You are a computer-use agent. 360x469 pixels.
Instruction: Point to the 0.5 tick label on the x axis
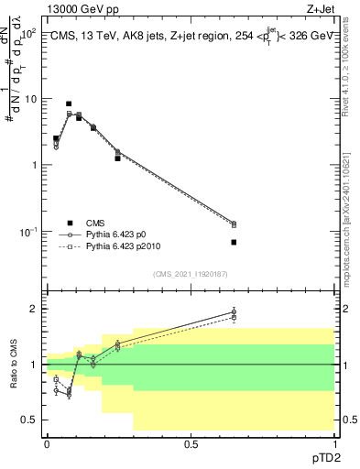point(191,443)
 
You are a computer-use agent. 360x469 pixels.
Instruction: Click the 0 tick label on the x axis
point(47,443)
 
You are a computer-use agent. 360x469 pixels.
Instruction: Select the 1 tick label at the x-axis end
point(334,443)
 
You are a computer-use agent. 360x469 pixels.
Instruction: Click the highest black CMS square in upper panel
point(69,104)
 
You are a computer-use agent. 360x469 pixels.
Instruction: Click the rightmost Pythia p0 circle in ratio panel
point(234,312)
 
